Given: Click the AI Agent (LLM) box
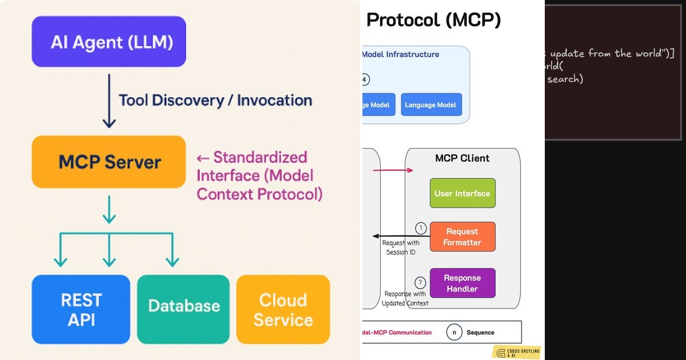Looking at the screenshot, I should click(x=109, y=42).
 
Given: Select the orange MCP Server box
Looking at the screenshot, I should click(x=109, y=162).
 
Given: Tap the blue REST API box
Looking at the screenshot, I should click(x=81, y=309).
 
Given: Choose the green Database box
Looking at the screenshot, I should click(x=184, y=306).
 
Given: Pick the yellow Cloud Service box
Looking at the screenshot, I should click(x=283, y=309).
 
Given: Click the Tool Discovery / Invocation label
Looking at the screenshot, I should click(x=215, y=101).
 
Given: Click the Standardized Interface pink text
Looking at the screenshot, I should click(x=258, y=175).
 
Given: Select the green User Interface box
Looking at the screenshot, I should click(x=462, y=193).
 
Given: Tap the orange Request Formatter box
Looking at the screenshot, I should click(x=462, y=237).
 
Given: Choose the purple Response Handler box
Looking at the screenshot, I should click(x=462, y=283).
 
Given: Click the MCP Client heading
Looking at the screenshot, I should click(x=462, y=158).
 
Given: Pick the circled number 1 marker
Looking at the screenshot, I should click(x=421, y=229).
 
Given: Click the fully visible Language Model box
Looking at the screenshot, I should click(x=430, y=105).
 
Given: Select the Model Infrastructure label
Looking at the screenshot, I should click(x=400, y=54).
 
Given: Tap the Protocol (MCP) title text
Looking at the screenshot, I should click(x=433, y=20).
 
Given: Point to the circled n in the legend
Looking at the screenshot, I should click(x=454, y=332).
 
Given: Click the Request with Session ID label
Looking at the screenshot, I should click(x=401, y=247).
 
